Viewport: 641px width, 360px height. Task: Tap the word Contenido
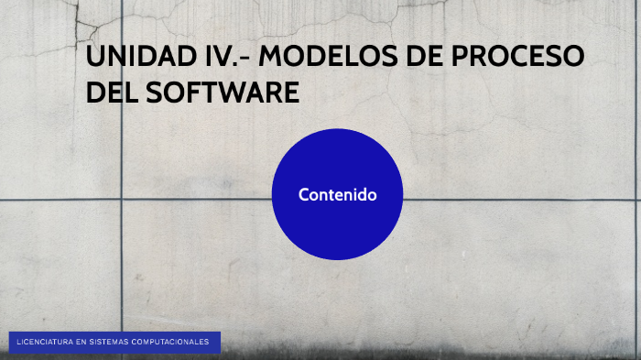[337, 194]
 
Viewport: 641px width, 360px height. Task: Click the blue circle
[337, 229]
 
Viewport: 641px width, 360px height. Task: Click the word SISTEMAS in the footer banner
[110, 343]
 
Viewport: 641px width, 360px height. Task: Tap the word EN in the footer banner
[81, 343]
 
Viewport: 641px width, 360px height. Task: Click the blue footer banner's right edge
[220, 343]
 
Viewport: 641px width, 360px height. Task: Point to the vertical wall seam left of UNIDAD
[122, 137]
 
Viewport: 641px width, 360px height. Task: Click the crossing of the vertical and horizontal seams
[122, 199]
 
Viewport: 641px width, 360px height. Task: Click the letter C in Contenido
[304, 194]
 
